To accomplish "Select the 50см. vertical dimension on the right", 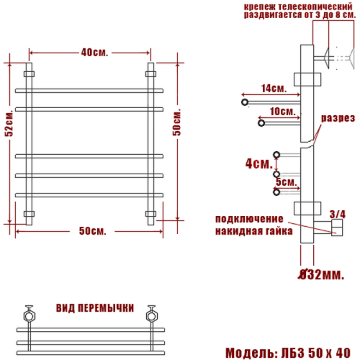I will coord(177,127).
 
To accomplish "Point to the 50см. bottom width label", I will coord(92,230).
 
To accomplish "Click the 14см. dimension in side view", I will coord(274,89).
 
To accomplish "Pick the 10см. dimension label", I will coord(282,112).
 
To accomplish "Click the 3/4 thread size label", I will coord(336,213).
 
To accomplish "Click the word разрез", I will coord(338,118).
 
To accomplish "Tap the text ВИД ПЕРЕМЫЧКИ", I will coord(94,307).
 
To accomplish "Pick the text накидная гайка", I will coord(253,232).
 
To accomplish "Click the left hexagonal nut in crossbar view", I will coord(30,315).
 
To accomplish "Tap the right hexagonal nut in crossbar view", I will coord(152,315).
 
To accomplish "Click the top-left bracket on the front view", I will coord(30,73).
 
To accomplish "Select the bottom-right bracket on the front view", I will coord(151,213).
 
